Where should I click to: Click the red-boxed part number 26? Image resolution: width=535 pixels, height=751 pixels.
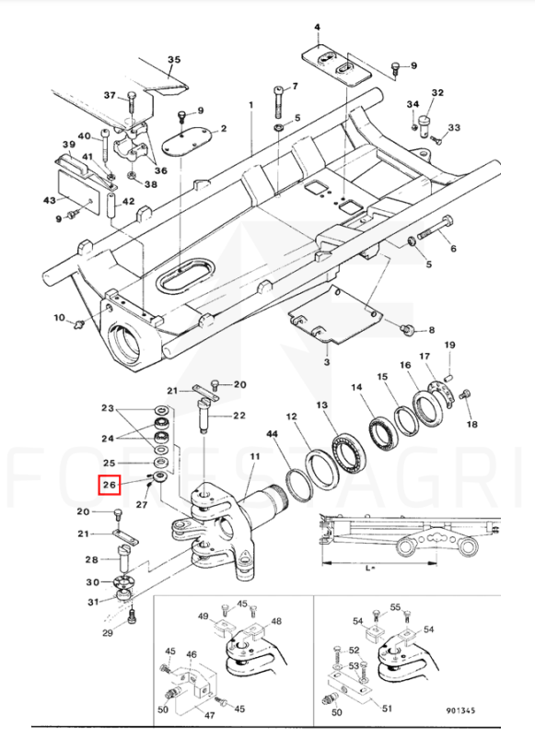pos(110,485)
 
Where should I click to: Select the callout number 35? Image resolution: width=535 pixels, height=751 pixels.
pos(174,59)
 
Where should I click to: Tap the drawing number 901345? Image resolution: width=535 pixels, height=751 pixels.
pos(460,710)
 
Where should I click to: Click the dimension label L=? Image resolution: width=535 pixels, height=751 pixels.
pos(370,568)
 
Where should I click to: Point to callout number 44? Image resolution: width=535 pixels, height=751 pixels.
pos(272,434)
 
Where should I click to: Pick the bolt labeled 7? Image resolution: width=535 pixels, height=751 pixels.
pos(279,102)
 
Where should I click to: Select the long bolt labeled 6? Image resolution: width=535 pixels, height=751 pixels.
pos(436,228)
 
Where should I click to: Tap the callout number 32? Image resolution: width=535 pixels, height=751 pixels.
pos(437,92)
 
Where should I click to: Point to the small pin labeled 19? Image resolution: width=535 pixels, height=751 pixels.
pos(448,375)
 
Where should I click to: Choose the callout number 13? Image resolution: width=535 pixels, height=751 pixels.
pos(322,405)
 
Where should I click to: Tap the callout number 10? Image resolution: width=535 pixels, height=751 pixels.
pos(59,318)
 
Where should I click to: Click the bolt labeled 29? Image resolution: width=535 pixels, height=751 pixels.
pos(133,616)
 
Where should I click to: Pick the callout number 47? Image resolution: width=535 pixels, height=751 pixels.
pos(209,716)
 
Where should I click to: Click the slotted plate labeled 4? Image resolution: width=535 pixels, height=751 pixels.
pos(336,66)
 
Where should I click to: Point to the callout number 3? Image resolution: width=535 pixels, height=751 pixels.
pos(326,361)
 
